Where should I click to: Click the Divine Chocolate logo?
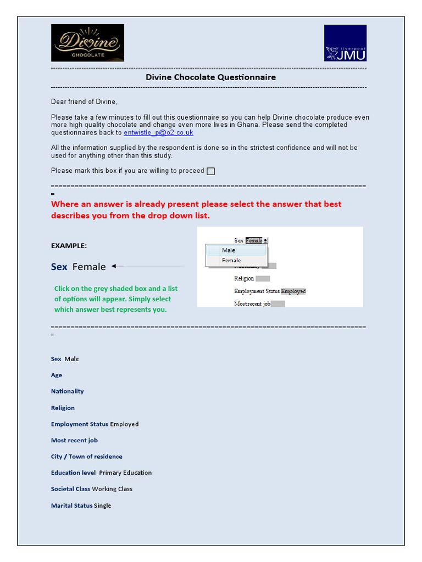pyautogui.click(x=87, y=43)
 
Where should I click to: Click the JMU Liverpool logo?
pyautogui.click(x=345, y=43)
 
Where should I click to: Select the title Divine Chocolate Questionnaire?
pyautogui.click(x=210, y=77)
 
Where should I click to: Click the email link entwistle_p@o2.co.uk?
pyautogui.click(x=158, y=133)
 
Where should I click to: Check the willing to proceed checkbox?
pyautogui.click(x=210, y=171)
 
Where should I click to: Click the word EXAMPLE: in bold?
pyautogui.click(x=69, y=246)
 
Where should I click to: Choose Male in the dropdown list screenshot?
pyautogui.click(x=229, y=250)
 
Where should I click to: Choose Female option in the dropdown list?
pyautogui.click(x=231, y=260)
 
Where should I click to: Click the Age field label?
pyautogui.click(x=57, y=375)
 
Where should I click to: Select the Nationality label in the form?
pyautogui.click(x=68, y=391)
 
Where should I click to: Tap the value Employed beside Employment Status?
pyautogui.click(x=124, y=424)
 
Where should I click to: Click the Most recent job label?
pyautogui.click(x=74, y=440)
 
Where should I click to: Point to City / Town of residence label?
pyautogui.click(x=87, y=457)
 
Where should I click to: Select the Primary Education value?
pyautogui.click(x=125, y=473)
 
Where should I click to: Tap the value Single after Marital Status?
pyautogui.click(x=102, y=505)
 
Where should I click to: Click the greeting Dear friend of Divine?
pyautogui.click(x=84, y=102)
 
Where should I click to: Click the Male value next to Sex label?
pyautogui.click(x=71, y=359)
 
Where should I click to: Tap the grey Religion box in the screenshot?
pyautogui.click(x=263, y=279)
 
